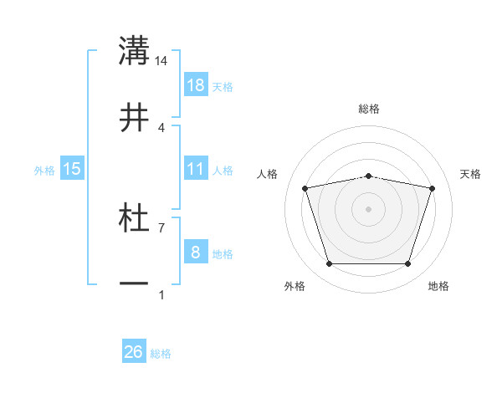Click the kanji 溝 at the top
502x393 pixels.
point(134,51)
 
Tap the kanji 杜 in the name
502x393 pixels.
point(134,219)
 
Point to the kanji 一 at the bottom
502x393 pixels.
point(134,285)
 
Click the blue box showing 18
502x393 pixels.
point(196,85)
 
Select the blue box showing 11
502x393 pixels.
point(196,169)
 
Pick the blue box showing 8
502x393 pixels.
point(196,253)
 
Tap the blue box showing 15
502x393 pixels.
point(72,169)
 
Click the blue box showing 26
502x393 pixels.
point(134,352)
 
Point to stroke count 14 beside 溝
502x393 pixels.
point(161,60)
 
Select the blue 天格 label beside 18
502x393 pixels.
point(223,86)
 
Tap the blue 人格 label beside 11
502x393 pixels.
point(223,170)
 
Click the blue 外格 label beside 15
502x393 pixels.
point(44,170)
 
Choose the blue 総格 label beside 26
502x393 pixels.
point(161,353)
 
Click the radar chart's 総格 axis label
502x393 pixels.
point(369,109)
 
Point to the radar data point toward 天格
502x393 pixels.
point(432,188)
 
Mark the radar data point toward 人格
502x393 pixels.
point(305,188)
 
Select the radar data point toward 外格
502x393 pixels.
point(329,264)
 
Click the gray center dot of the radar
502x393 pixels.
point(369,208)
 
